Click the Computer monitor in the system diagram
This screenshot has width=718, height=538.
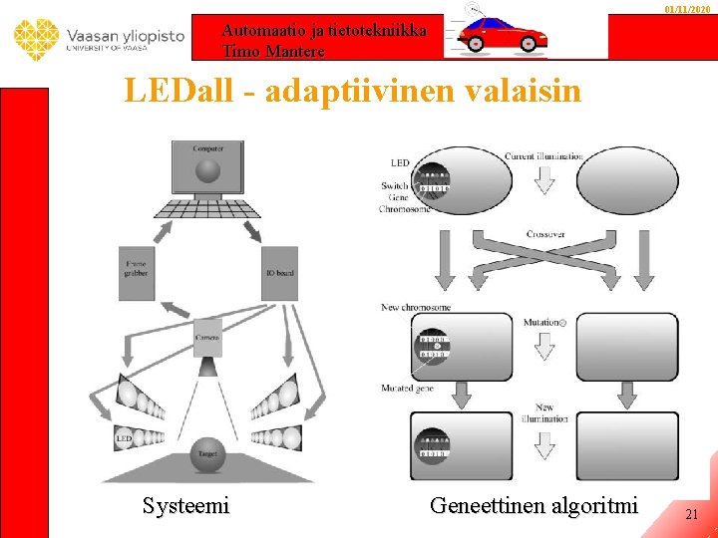click(x=207, y=168)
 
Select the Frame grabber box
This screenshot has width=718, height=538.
click(x=137, y=273)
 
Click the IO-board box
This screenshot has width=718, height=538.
click(x=278, y=273)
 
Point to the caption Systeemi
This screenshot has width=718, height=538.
click(x=185, y=505)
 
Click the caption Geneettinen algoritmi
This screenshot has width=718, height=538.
click(x=534, y=505)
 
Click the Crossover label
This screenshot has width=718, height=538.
click(x=544, y=234)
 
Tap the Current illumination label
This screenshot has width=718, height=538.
click(x=543, y=156)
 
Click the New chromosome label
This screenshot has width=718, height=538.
click(x=415, y=307)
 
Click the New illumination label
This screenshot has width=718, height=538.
click(x=544, y=413)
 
